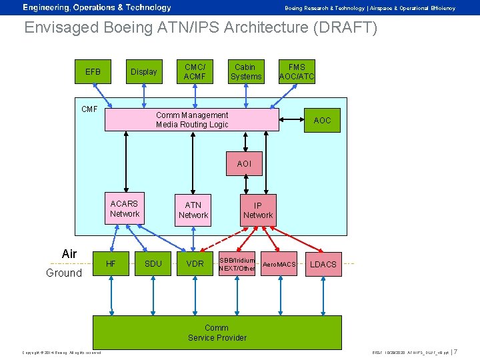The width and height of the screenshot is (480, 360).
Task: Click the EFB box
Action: coord(93,72)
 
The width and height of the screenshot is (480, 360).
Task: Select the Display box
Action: coord(144,72)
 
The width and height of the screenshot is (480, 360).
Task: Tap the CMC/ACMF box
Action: coord(195,72)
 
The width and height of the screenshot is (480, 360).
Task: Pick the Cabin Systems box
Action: coord(246,72)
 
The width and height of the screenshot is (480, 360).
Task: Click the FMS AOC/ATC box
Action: coord(297,72)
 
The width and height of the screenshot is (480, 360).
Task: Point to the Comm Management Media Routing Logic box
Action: coord(192,120)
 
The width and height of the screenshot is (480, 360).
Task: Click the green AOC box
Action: coord(322,121)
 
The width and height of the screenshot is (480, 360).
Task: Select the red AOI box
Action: coord(244,163)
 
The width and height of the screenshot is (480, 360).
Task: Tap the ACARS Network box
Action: coord(125,209)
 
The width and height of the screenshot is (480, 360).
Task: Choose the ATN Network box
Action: coord(193,210)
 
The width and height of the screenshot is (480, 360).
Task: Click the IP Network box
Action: coord(258,210)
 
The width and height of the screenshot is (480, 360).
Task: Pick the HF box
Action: coord(111,264)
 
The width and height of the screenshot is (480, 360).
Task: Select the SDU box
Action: coord(153,264)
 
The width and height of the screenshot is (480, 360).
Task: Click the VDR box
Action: coord(195,264)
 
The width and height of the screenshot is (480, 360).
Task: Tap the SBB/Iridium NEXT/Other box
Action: coord(237,264)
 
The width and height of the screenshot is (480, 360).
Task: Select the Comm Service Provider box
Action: coord(217,333)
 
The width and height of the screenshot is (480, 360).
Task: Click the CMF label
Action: coord(89,109)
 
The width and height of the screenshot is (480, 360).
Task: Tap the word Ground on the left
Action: coord(64,273)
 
